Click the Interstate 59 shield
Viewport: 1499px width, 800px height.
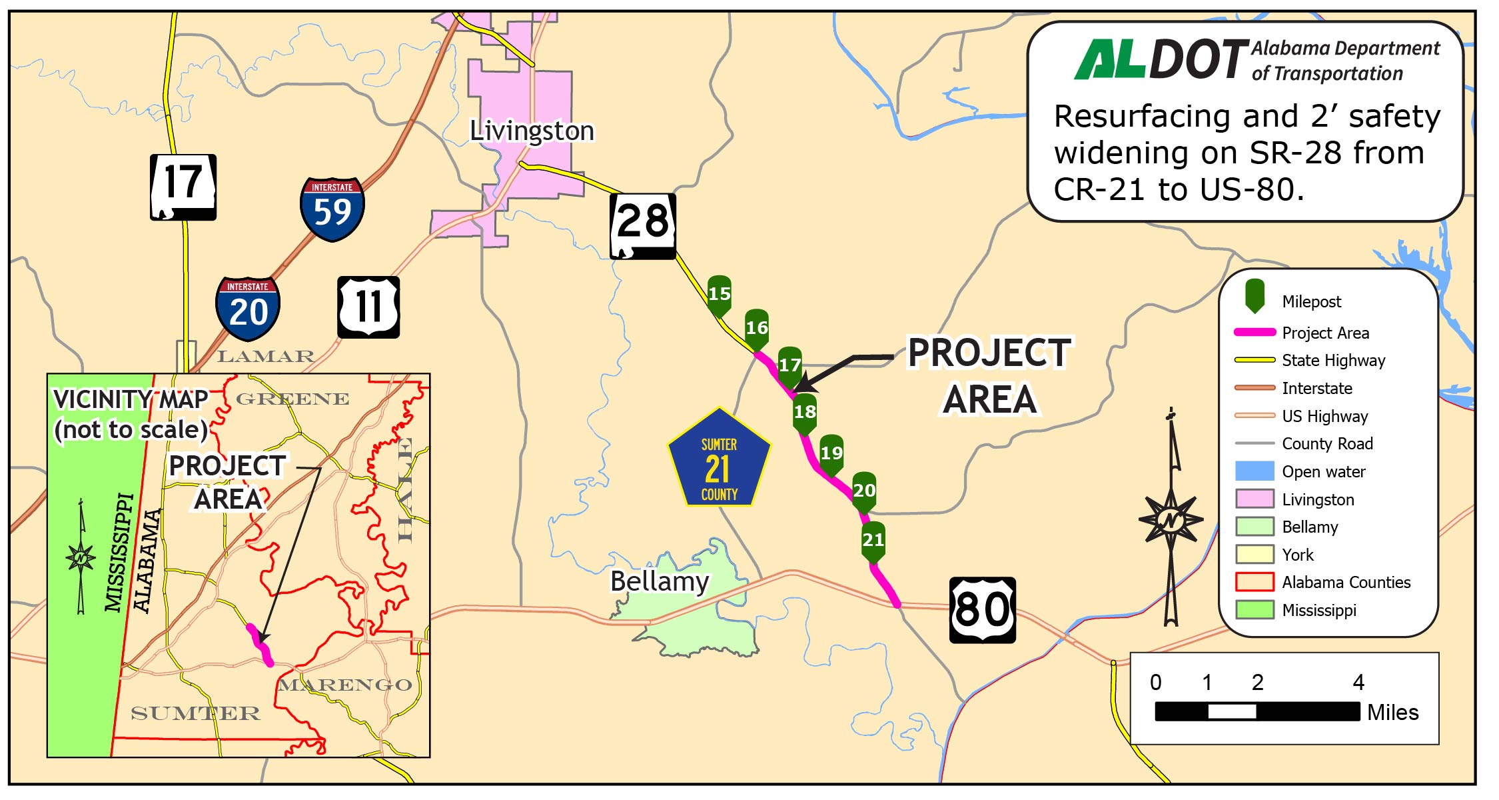point(332,209)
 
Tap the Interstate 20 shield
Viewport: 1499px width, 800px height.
point(248,309)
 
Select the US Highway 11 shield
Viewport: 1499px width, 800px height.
point(368,307)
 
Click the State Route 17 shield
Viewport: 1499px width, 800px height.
point(183,187)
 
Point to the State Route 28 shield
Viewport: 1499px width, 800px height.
point(643,226)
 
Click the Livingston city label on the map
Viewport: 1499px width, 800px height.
point(532,131)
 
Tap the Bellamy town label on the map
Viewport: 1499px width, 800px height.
point(660,581)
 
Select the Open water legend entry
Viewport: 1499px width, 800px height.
point(1323,472)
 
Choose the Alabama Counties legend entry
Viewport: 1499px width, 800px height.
point(1346,583)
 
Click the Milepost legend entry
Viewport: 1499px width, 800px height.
point(1311,302)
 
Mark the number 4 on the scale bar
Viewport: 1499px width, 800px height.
point(1358,683)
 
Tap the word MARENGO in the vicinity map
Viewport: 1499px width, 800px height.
point(345,685)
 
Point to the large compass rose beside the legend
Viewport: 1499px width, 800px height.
point(1171,519)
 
